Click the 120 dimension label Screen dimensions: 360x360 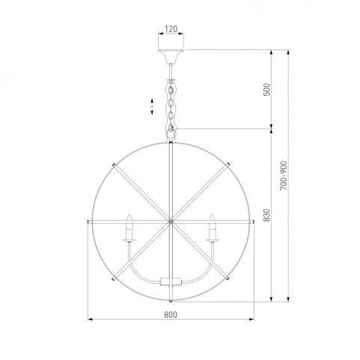[x=171, y=29]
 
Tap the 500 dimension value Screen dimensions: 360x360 [x=266, y=90]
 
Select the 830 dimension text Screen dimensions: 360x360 [x=266, y=215]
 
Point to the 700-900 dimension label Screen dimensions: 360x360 [x=284, y=176]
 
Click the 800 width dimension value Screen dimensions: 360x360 [x=171, y=315]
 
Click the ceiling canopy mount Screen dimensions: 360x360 [x=171, y=56]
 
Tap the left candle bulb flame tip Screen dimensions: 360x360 [x=129, y=215]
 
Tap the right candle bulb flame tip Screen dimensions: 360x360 [x=212, y=215]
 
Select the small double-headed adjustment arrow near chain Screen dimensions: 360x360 [x=152, y=106]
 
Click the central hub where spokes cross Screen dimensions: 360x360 [x=171, y=222]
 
